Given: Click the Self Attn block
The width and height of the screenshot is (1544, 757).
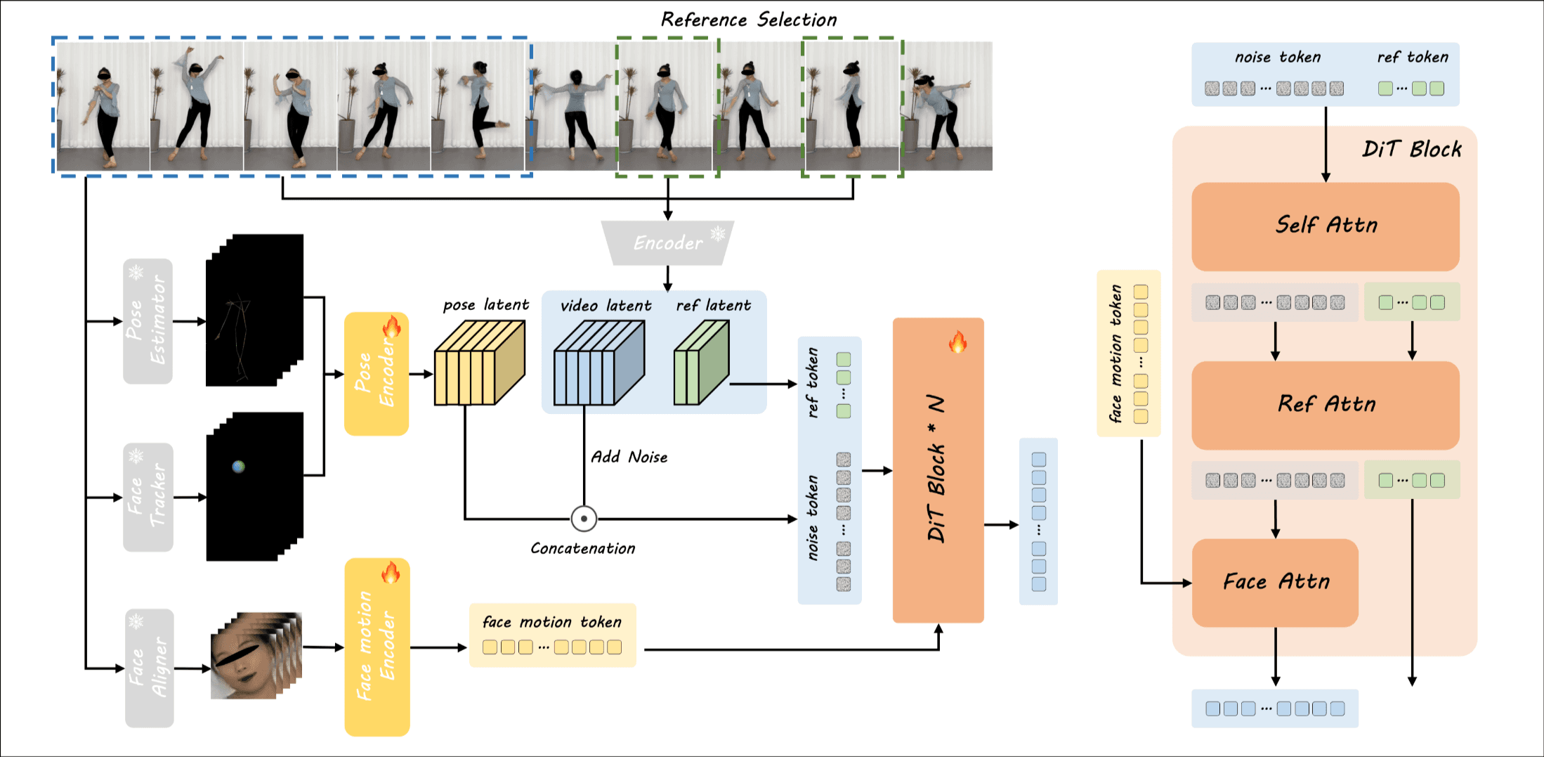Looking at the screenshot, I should (x=1325, y=226).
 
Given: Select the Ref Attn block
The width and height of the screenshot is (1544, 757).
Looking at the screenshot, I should (x=1325, y=405).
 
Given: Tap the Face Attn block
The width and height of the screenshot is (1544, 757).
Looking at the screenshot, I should (x=1275, y=582).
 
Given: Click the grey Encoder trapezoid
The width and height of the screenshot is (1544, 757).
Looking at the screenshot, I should (x=667, y=243).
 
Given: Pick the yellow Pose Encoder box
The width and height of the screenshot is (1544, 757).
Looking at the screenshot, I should (x=376, y=374).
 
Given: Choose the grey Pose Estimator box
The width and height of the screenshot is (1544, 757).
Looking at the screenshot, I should (x=148, y=321).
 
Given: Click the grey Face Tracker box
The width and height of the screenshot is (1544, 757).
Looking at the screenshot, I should (x=148, y=497).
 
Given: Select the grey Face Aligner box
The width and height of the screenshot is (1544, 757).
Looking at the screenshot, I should (x=149, y=668).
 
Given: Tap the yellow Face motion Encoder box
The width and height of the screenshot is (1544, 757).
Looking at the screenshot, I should (x=377, y=647).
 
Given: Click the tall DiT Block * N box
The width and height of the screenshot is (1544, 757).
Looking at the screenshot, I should (x=938, y=470).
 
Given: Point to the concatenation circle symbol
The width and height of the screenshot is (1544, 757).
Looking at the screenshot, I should (x=584, y=519).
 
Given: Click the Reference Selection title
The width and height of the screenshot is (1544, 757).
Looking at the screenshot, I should (x=749, y=20).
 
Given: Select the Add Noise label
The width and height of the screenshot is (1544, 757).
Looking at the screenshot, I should (x=629, y=457).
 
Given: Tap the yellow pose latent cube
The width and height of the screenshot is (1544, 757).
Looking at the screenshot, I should (x=479, y=363).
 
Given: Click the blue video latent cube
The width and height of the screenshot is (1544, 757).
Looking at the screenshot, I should (x=598, y=363).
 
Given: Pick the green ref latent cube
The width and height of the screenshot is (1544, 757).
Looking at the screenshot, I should (x=701, y=363).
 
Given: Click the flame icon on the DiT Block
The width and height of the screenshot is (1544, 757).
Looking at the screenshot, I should (x=957, y=342).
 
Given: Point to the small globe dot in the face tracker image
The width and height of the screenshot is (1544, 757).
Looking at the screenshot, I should (x=239, y=466).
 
